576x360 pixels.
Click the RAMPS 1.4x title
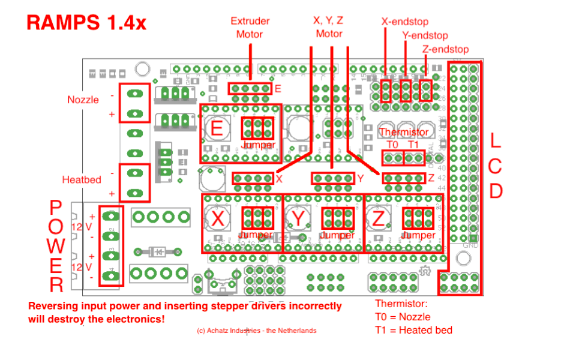tap(86, 23)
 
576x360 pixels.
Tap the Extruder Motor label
tap(250, 28)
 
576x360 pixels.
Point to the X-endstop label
tap(405, 22)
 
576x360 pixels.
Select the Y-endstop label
tap(425, 35)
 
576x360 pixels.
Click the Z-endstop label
tap(445, 49)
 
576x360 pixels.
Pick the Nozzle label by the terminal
tap(83, 100)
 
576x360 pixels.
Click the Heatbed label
tap(81, 179)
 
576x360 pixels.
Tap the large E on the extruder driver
tap(217, 128)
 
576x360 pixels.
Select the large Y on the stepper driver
tap(299, 219)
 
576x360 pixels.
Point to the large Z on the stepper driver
tap(378, 219)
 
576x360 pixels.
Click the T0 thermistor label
tap(392, 145)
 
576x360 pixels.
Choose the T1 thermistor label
tap(413, 145)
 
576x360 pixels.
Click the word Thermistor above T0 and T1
tap(404, 132)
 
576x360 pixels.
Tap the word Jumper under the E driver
tap(259, 145)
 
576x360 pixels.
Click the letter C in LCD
tap(496, 166)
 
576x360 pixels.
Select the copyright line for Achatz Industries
tap(256, 331)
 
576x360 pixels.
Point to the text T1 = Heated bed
tap(414, 330)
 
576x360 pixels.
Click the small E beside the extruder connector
tap(278, 89)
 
